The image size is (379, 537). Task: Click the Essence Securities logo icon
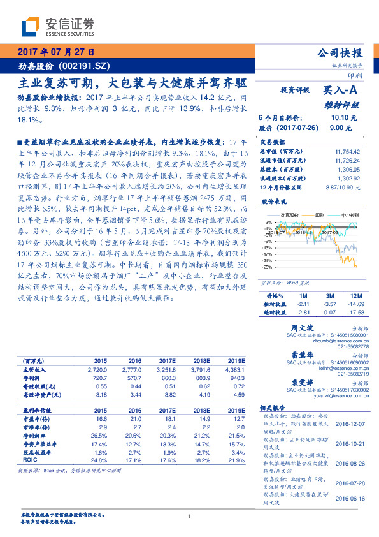(x=31, y=27)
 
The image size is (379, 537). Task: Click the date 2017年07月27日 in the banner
(x=56, y=53)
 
